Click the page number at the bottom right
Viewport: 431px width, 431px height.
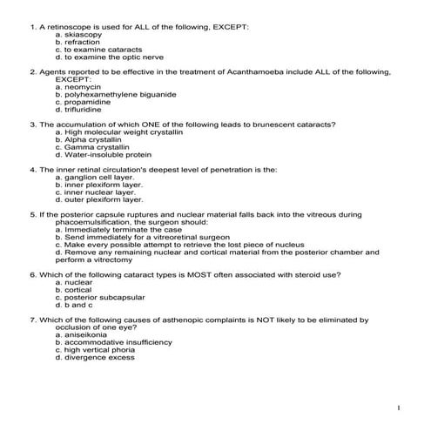[x=398, y=407]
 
